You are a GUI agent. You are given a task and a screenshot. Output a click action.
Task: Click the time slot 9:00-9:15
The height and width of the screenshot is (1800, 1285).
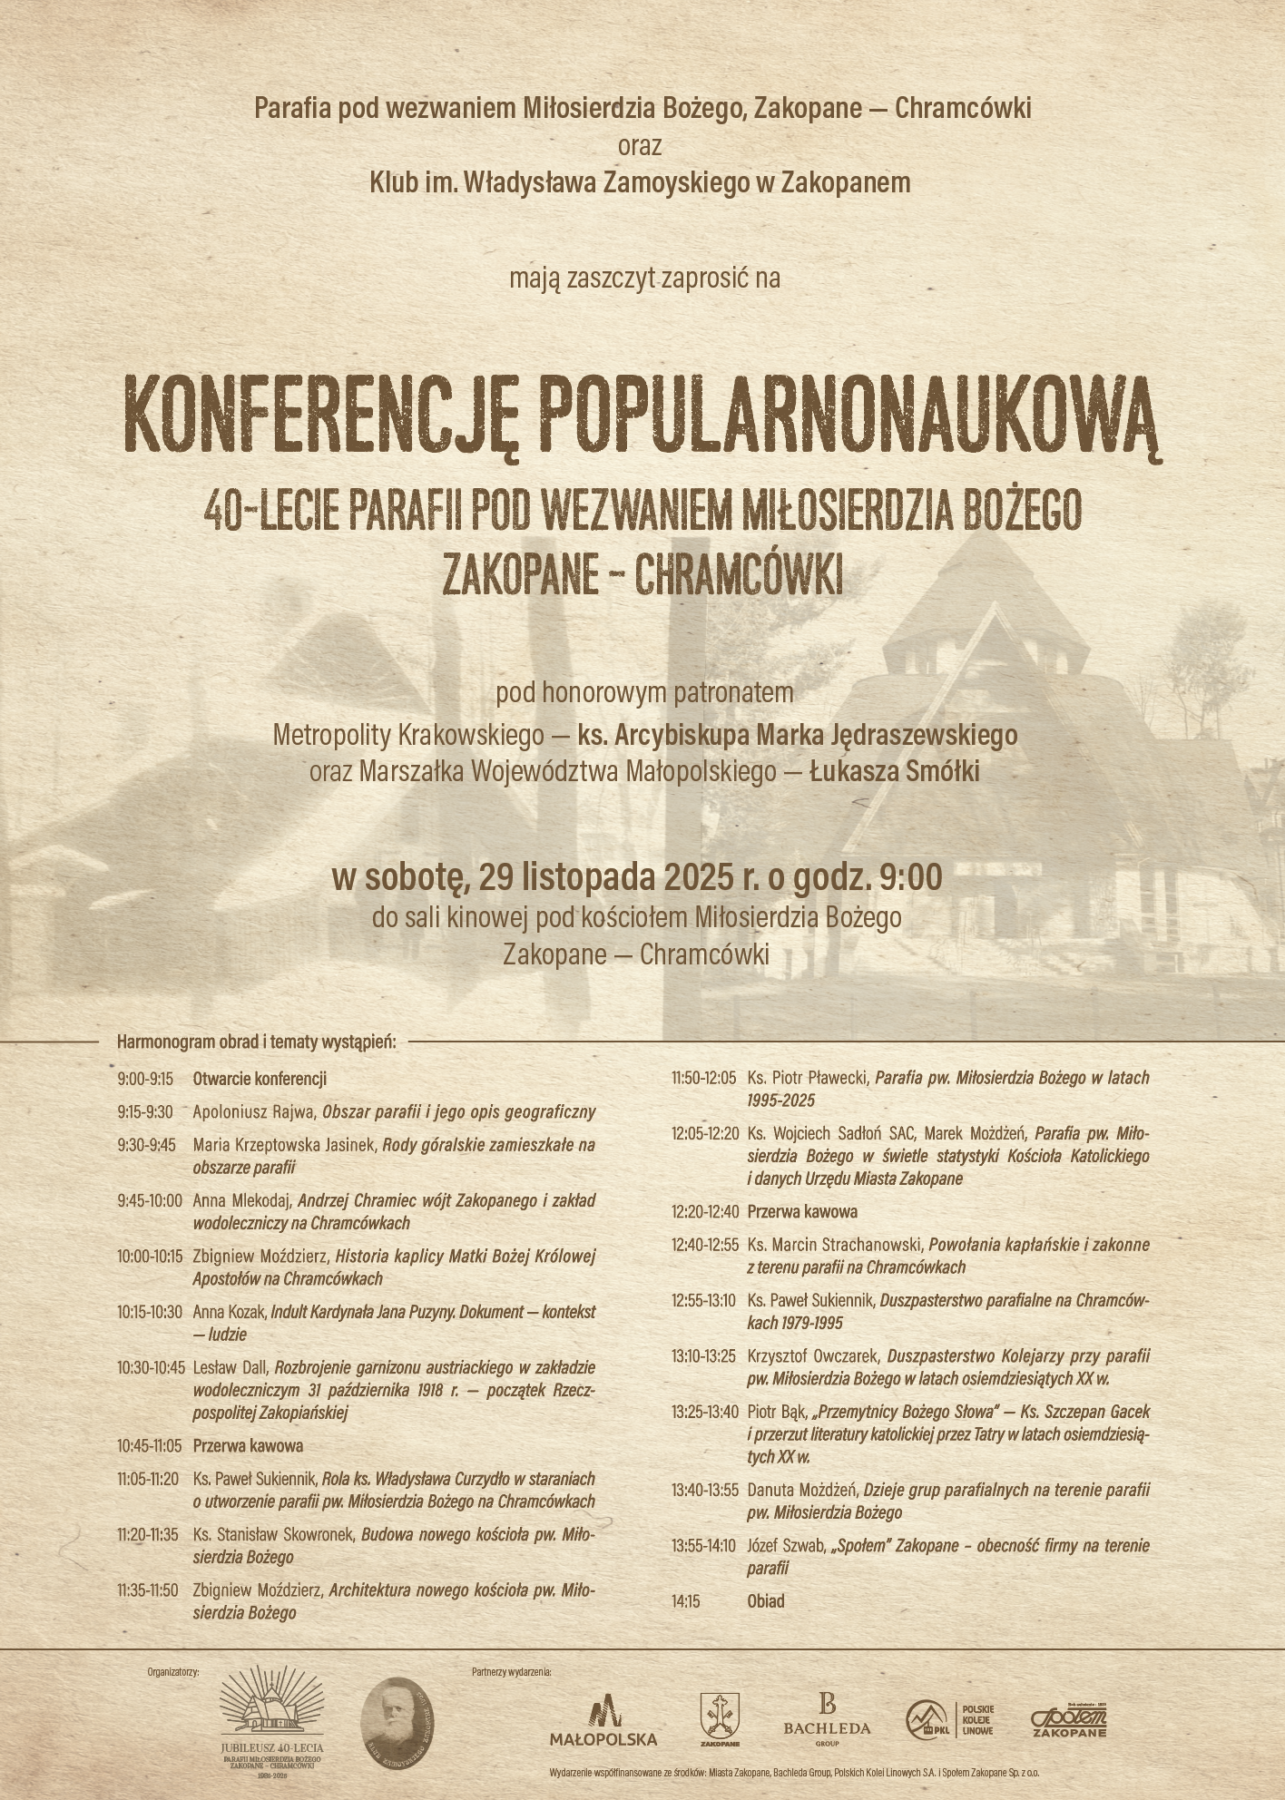(x=145, y=1079)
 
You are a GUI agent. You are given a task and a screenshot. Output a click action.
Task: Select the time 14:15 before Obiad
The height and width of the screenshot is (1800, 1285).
(x=686, y=1600)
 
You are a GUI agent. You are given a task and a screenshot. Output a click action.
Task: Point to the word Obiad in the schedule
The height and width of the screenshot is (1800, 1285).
(x=766, y=1600)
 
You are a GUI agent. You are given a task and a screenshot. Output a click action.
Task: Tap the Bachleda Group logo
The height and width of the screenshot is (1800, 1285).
(x=826, y=1718)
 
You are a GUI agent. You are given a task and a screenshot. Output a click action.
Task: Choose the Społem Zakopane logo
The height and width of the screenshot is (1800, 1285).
(x=1068, y=1717)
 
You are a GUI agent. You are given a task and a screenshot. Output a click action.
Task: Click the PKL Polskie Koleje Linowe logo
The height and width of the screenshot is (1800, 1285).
(x=949, y=1717)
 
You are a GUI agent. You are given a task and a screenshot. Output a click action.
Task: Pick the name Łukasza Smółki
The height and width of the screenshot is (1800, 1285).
(x=894, y=772)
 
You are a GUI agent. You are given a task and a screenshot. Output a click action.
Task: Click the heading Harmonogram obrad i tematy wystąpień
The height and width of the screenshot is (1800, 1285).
(x=257, y=1042)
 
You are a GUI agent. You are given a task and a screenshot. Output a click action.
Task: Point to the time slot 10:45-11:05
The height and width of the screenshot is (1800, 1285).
(x=151, y=1445)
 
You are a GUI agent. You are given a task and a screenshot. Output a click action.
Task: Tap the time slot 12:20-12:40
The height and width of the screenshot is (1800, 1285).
(x=705, y=1211)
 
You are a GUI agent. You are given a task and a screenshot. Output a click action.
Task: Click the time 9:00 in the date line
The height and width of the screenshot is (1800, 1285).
(x=910, y=877)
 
